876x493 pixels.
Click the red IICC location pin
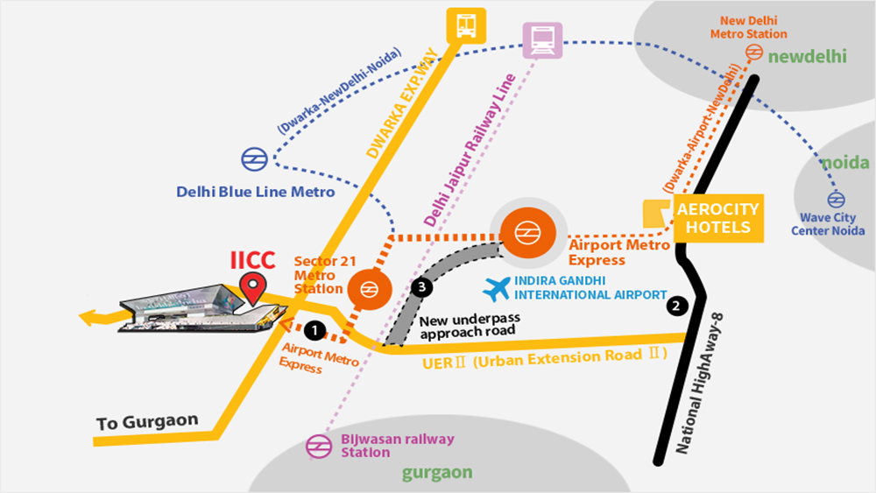(x=254, y=286)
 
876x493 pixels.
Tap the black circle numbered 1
(x=313, y=330)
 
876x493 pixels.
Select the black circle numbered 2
(x=675, y=306)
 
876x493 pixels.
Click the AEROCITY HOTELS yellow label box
(x=717, y=219)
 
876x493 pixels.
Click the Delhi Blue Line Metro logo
(x=255, y=158)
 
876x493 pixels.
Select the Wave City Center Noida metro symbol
(x=837, y=199)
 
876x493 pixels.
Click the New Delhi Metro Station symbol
(x=752, y=53)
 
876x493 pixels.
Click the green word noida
(x=844, y=163)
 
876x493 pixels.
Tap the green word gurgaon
(x=436, y=473)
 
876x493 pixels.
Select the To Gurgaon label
(x=146, y=423)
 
